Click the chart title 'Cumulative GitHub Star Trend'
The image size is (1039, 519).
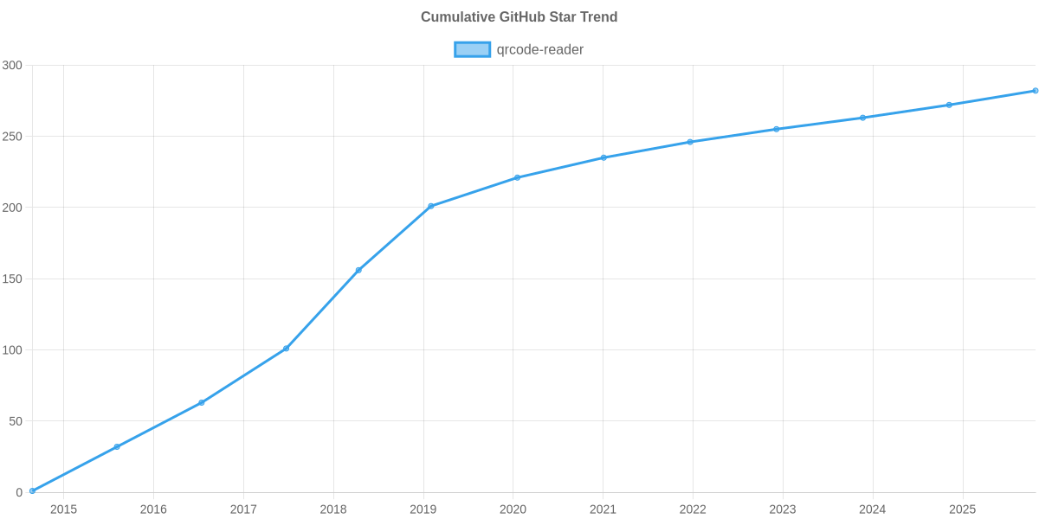pos(519,17)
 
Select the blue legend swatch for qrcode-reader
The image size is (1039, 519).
pos(472,49)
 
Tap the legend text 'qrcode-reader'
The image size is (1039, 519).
pos(539,49)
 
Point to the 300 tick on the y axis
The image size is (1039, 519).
pos(12,66)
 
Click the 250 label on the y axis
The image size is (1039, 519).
pos(12,137)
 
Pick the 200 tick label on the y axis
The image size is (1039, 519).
pos(12,208)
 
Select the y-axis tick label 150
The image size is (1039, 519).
pos(12,279)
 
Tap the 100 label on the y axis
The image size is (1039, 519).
pos(12,350)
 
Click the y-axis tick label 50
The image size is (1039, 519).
pos(16,421)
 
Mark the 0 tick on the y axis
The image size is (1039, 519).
pos(18,493)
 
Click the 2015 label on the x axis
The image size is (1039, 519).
pos(63,509)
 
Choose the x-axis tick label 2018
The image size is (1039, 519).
pos(333,509)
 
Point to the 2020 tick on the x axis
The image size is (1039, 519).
pos(513,509)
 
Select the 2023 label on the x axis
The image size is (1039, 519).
pos(783,509)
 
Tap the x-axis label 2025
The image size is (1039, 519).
pos(963,509)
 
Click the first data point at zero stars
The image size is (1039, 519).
pos(32,490)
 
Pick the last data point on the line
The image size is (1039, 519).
pos(1035,91)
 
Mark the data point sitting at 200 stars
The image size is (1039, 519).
pos(430,206)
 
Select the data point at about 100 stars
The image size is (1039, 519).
pos(286,349)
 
